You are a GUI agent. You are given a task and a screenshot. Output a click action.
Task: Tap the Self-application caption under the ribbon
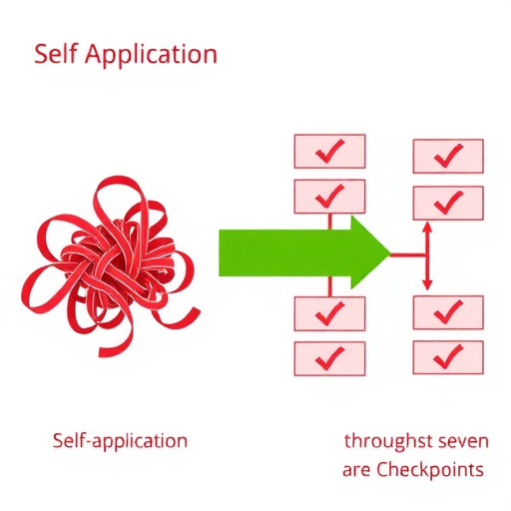(120, 442)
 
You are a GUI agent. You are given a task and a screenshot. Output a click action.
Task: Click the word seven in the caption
(464, 442)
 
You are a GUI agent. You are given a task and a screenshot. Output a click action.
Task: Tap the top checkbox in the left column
(329, 151)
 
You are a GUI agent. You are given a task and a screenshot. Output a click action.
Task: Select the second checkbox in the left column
(329, 197)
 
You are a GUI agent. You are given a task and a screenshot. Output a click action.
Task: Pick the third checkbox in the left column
(329, 313)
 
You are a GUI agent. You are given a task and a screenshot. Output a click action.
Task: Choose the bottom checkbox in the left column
(329, 358)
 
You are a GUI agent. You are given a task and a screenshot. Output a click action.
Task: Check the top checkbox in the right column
(448, 156)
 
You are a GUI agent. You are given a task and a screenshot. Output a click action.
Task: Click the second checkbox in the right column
(448, 203)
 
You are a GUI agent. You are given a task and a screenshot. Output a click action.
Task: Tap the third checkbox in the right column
(448, 312)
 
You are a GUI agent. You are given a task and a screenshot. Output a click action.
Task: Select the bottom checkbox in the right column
(448, 357)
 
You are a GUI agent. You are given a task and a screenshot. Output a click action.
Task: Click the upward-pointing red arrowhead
(427, 228)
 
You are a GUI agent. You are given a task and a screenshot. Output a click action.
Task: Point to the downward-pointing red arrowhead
(427, 284)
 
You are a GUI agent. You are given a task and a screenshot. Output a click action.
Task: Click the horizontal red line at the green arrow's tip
(408, 255)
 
